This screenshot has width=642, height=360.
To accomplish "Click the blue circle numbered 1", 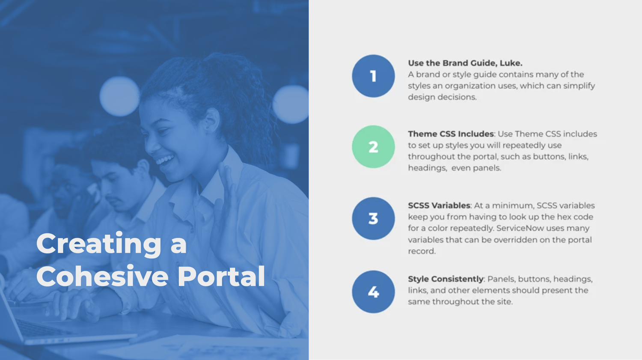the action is click(x=373, y=76).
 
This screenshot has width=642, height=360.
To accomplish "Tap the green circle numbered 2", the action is click(x=373, y=147).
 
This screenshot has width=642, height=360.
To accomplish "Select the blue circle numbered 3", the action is click(x=373, y=218).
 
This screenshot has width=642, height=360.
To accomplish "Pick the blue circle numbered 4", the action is click(x=373, y=292).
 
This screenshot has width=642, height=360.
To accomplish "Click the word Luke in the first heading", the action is click(x=511, y=63).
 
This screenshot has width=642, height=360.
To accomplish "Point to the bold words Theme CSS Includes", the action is click(x=451, y=134).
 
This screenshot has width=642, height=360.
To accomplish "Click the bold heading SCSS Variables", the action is click(x=439, y=205).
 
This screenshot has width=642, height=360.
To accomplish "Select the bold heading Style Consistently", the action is click(x=446, y=279).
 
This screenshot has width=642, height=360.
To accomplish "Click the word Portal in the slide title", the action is click(x=221, y=276).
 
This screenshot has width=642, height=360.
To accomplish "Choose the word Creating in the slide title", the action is click(x=99, y=244).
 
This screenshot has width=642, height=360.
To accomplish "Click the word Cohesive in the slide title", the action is click(x=102, y=276).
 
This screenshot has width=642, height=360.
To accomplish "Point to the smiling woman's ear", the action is click(x=212, y=120).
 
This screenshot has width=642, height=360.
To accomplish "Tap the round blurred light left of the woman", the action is click(x=119, y=96).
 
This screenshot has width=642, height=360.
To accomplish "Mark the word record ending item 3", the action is click(x=422, y=251).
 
